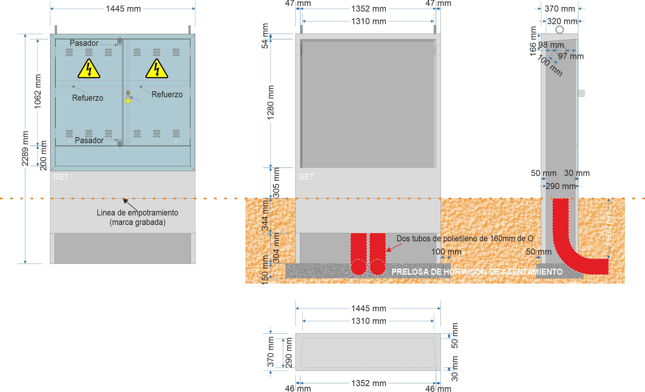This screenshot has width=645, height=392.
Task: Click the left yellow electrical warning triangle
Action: pos(89,70)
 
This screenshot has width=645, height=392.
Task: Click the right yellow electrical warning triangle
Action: pos(157,70)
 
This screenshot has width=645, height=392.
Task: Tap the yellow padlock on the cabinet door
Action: pos(128,100)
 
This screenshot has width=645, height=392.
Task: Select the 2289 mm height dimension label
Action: pos(25,148)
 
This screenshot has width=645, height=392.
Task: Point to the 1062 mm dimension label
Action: pos(38,91)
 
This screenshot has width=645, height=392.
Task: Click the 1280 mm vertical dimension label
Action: pos(270,102)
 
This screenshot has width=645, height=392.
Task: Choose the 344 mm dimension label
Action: pos(265,215)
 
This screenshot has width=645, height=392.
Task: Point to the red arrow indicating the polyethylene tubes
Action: pos(394,247)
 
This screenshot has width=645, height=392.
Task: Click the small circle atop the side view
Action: pos(560,30)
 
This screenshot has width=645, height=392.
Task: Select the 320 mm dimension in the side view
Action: pos(562,21)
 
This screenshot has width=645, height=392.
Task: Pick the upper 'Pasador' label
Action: pos(84,43)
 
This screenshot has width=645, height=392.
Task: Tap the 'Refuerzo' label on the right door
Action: pos(167,95)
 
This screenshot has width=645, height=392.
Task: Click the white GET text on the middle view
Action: pos(306,177)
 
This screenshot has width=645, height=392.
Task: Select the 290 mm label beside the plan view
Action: pos(289,352)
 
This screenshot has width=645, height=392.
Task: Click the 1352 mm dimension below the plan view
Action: pos(369,383)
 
